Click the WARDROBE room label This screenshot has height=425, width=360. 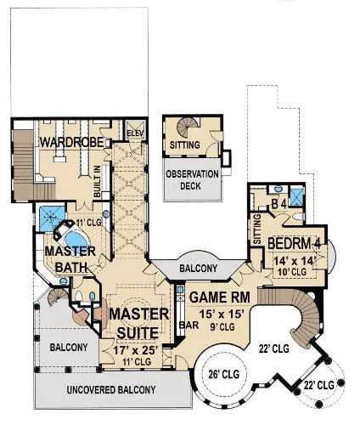(72, 142)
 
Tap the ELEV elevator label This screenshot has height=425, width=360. (136, 133)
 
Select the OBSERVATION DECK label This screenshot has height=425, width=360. (192, 180)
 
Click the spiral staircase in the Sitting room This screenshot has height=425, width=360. (188, 127)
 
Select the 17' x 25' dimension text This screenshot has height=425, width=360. (135, 350)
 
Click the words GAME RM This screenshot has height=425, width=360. (220, 297)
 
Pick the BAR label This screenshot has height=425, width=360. (189, 326)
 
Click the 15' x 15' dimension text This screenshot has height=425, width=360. (222, 314)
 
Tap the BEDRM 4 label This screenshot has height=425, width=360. (295, 243)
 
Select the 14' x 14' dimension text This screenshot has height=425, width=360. (295, 261)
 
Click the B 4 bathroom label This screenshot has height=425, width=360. (279, 204)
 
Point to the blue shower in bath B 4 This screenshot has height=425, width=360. (297, 195)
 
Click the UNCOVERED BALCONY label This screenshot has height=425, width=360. (111, 390)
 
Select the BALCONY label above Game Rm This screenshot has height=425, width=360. (199, 268)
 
